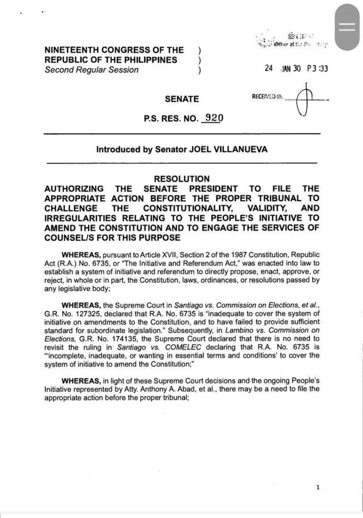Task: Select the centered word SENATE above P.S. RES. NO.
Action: pyautogui.click(x=182, y=99)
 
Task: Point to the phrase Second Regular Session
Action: pyautogui.click(x=91, y=70)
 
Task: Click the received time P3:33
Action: pyautogui.click(x=317, y=68)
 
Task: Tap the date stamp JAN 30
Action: pyautogui.click(x=291, y=68)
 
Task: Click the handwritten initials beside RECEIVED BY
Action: pyautogui.click(x=306, y=100)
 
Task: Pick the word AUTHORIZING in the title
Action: pyautogui.click(x=73, y=188)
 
